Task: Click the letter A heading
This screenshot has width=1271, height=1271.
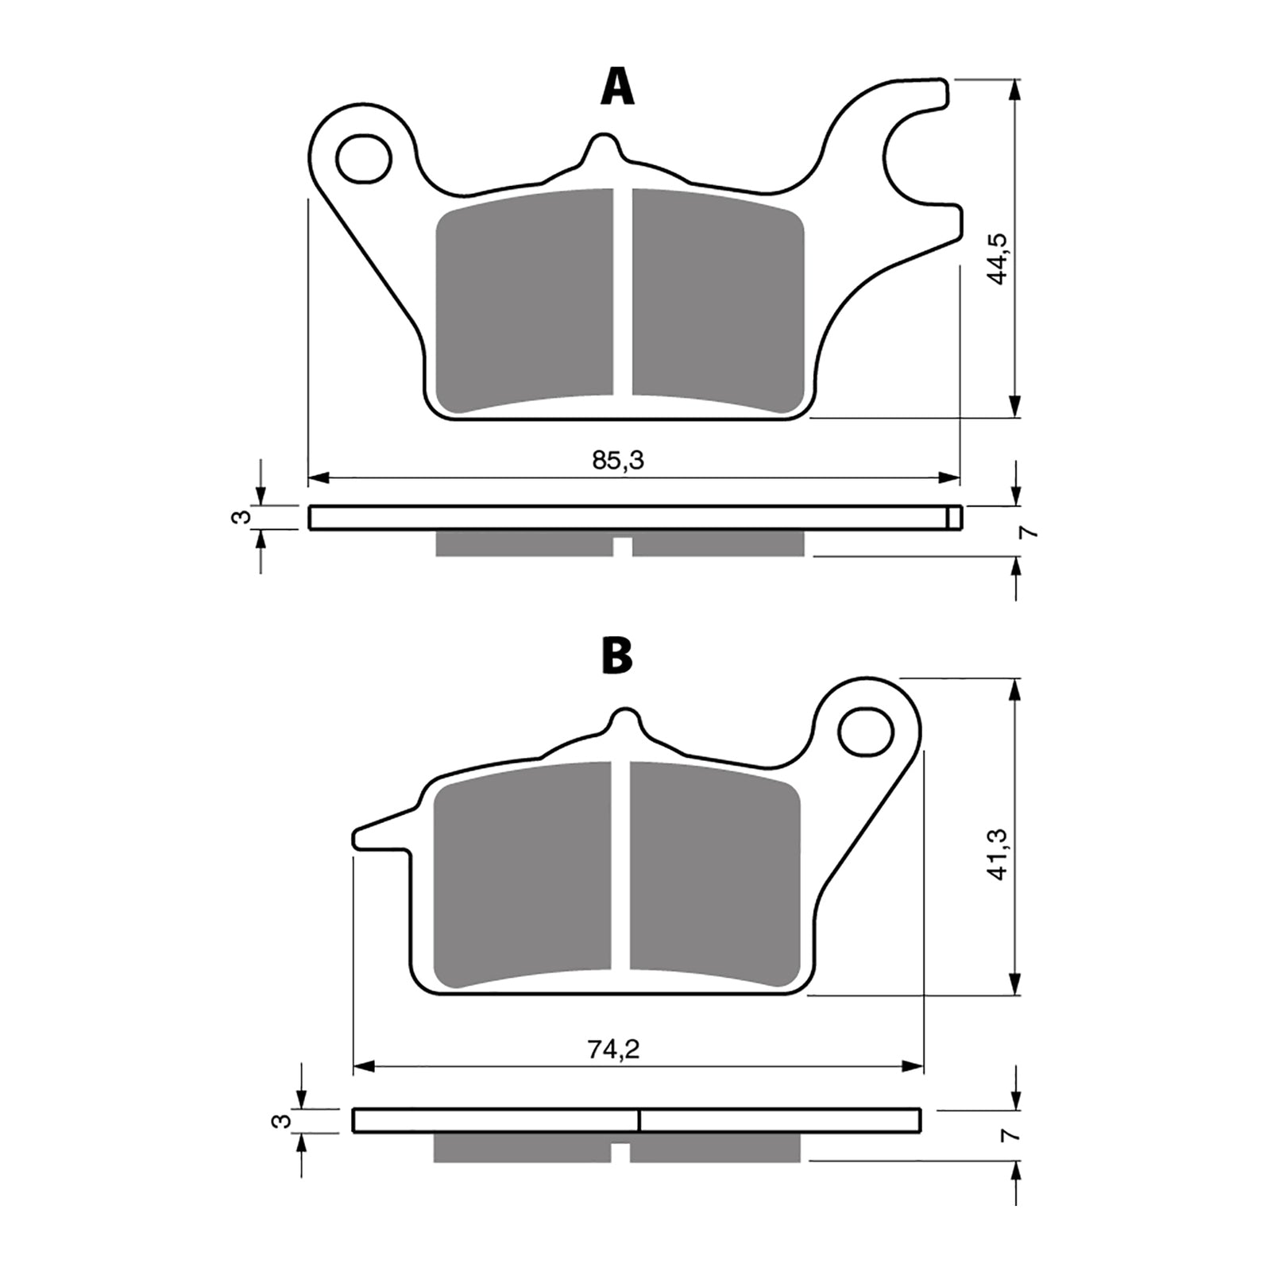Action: tap(617, 87)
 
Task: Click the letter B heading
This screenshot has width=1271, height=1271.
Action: tap(617, 656)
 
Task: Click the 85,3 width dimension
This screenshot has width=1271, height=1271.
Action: tap(618, 460)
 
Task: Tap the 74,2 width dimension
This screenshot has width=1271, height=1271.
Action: tap(614, 1049)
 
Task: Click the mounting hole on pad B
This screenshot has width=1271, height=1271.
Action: tap(867, 732)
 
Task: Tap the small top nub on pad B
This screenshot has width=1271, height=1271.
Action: tap(626, 720)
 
